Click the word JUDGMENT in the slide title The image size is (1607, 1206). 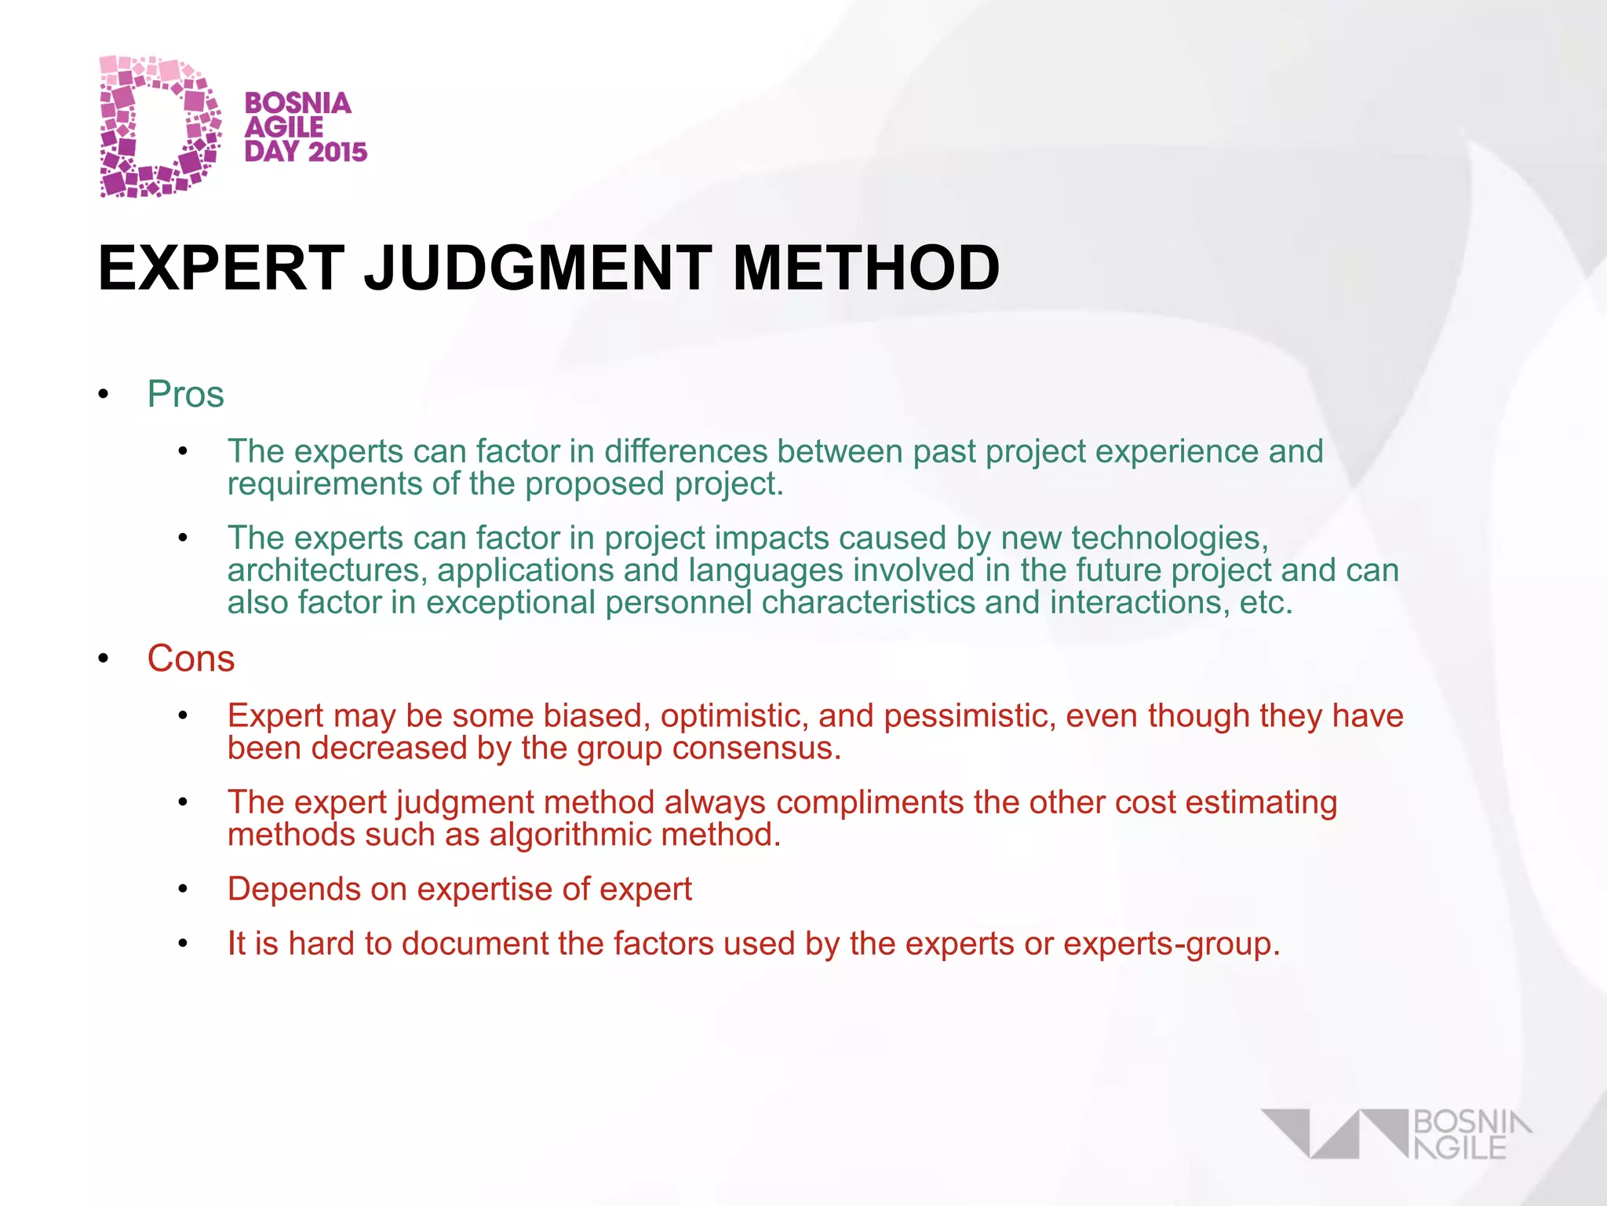[538, 268]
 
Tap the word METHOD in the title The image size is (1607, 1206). [865, 268]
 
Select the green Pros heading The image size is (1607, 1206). [186, 394]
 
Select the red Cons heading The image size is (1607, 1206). [191, 658]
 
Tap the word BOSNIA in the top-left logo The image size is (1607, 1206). [298, 103]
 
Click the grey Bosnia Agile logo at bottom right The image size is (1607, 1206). [1397, 1134]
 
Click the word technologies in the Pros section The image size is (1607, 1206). [1169, 538]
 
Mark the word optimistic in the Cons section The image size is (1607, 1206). [734, 716]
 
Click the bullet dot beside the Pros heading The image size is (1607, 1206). [103, 395]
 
